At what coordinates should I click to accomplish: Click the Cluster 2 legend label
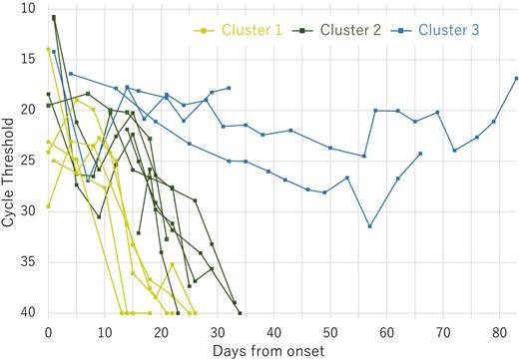pyautogui.click(x=349, y=31)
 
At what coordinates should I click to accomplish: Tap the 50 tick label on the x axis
pyautogui.click(x=329, y=330)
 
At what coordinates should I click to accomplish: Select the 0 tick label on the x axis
pyautogui.click(x=48, y=330)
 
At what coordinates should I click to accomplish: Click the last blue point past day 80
pyautogui.click(x=516, y=78)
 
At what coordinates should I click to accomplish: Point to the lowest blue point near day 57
pyautogui.click(x=369, y=226)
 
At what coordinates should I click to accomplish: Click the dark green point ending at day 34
pyautogui.click(x=240, y=313)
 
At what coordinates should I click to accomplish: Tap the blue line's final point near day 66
pyautogui.click(x=420, y=154)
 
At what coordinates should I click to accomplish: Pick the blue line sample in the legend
pyautogui.click(x=402, y=31)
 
